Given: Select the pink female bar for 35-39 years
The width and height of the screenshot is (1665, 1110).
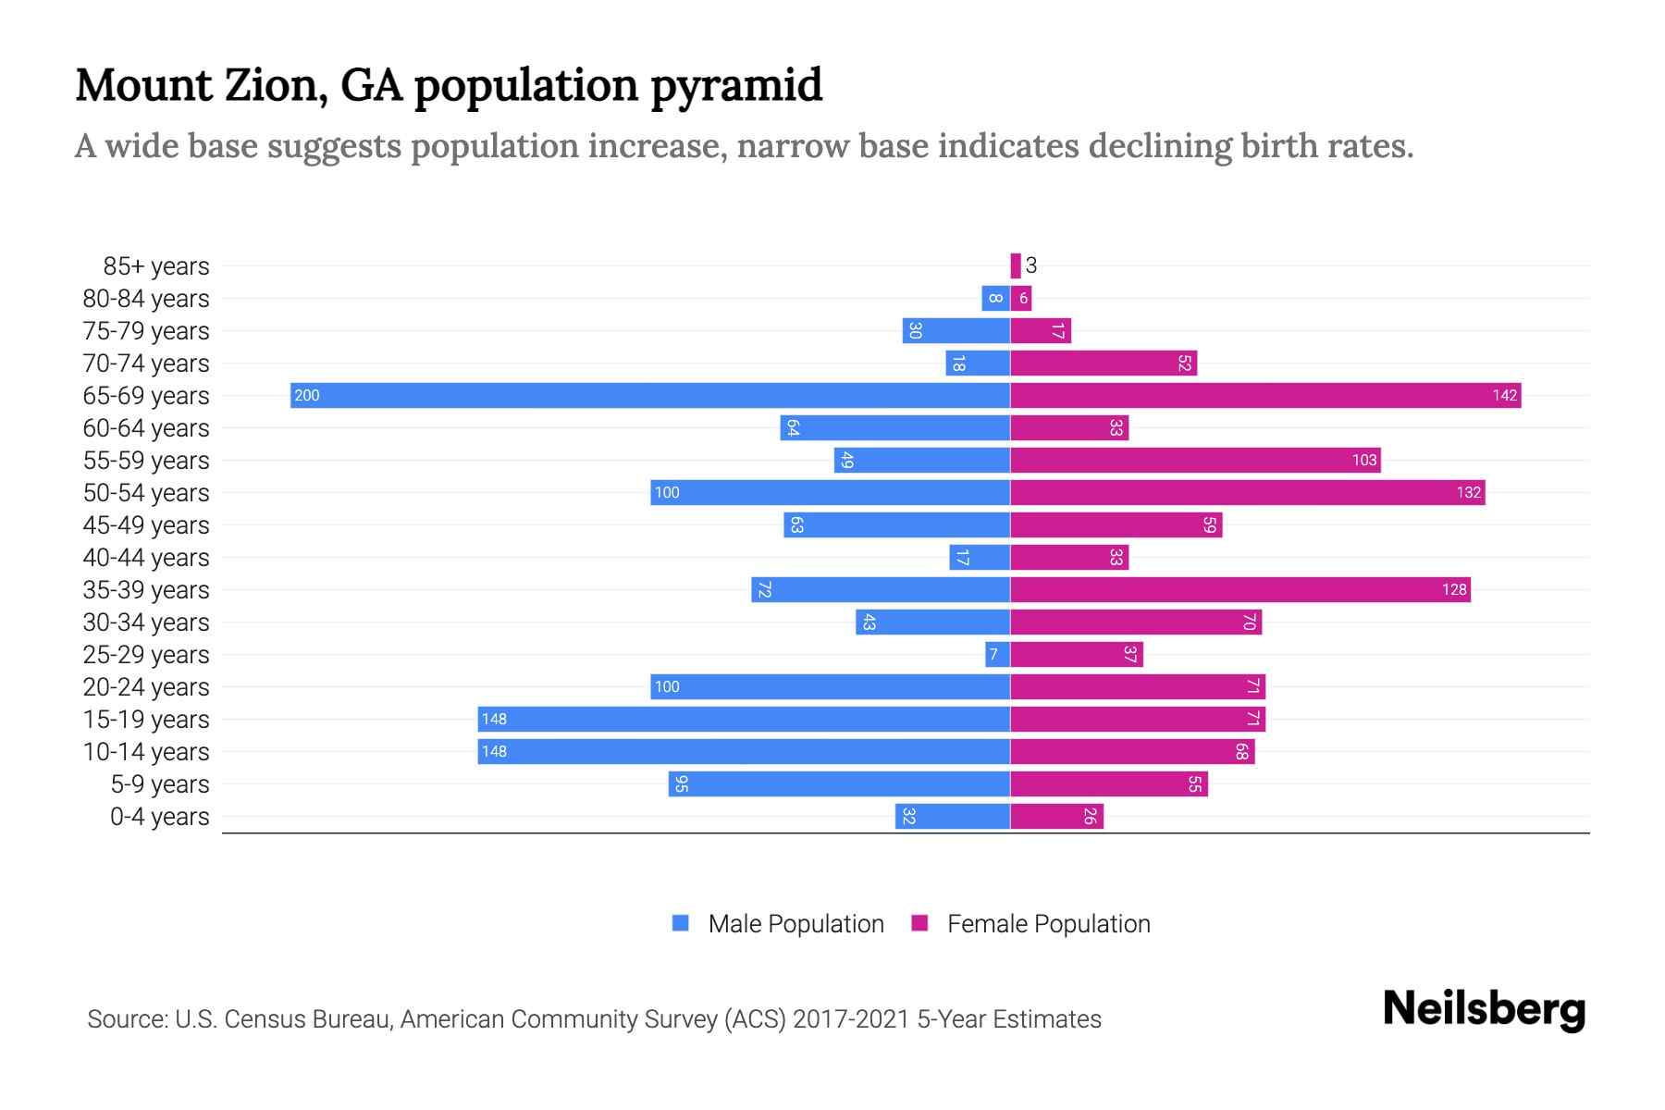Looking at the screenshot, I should point(1239,590).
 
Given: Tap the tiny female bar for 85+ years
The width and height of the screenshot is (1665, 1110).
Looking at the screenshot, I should point(1016,266).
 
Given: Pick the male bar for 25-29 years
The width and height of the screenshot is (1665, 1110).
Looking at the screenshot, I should point(997,655).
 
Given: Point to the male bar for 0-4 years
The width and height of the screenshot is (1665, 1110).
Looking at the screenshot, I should point(953,817).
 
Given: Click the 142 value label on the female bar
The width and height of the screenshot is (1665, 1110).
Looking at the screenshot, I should point(1504,396).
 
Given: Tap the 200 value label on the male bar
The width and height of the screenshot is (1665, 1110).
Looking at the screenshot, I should point(306,396).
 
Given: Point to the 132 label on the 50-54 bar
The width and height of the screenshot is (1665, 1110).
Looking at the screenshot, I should point(1468,493).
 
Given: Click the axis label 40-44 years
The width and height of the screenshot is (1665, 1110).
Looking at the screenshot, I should point(146,558).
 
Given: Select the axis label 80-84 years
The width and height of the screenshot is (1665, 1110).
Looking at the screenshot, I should point(146,299).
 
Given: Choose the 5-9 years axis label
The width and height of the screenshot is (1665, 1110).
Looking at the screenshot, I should point(159,784).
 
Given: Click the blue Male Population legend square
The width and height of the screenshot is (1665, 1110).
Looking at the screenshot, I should point(681,923).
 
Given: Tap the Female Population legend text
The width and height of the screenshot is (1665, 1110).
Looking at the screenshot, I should point(1048,924).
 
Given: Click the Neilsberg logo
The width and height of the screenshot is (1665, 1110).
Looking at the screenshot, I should point(1484,1009).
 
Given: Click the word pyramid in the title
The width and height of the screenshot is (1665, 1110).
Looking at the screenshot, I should point(735,86).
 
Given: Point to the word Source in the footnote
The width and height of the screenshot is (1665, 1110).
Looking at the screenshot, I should point(127,1019).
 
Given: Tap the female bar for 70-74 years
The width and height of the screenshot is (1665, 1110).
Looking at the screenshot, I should point(1104,364).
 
